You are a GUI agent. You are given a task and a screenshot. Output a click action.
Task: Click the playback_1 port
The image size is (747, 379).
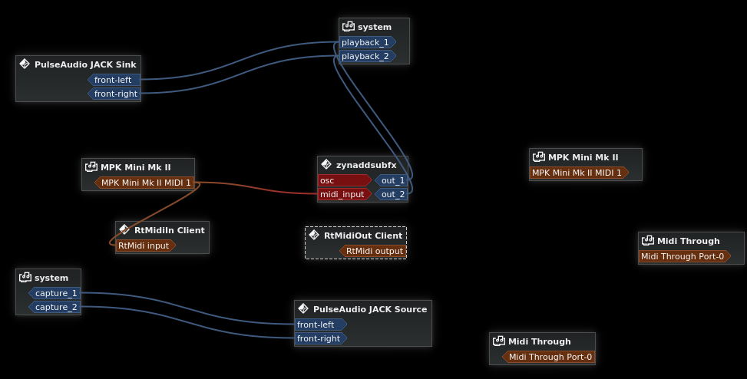[365, 42]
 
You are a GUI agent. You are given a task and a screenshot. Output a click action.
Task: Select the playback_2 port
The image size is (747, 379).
[365, 56]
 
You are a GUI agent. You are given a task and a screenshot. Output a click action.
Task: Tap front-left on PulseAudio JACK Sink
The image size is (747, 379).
[113, 80]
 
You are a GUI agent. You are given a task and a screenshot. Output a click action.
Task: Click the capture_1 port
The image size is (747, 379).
[55, 293]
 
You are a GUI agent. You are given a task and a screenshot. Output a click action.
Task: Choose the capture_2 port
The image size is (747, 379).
[55, 307]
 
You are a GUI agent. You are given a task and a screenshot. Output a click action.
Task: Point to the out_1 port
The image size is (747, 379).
[392, 180]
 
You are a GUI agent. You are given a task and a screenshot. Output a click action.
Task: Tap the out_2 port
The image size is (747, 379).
[392, 194]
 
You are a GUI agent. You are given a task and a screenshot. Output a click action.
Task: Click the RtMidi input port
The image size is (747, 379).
[144, 246]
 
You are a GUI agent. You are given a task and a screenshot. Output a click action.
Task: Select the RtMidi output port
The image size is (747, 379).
[374, 251]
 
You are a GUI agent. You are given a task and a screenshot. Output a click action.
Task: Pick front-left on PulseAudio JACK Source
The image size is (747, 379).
[319, 325]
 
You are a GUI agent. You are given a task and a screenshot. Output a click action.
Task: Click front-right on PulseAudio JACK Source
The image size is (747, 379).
[319, 338]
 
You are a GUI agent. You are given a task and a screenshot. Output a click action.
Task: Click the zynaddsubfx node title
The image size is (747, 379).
[366, 165]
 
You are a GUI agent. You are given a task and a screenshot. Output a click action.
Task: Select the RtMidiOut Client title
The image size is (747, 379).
[363, 236]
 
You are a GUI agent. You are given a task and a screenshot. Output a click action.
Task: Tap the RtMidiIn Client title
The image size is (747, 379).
[169, 230]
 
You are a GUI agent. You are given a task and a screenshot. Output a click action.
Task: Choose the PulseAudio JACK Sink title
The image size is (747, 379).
[85, 64]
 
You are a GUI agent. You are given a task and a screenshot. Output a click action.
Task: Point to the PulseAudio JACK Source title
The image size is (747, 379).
[370, 309]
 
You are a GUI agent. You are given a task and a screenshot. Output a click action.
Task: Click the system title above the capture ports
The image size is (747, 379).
[51, 278]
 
